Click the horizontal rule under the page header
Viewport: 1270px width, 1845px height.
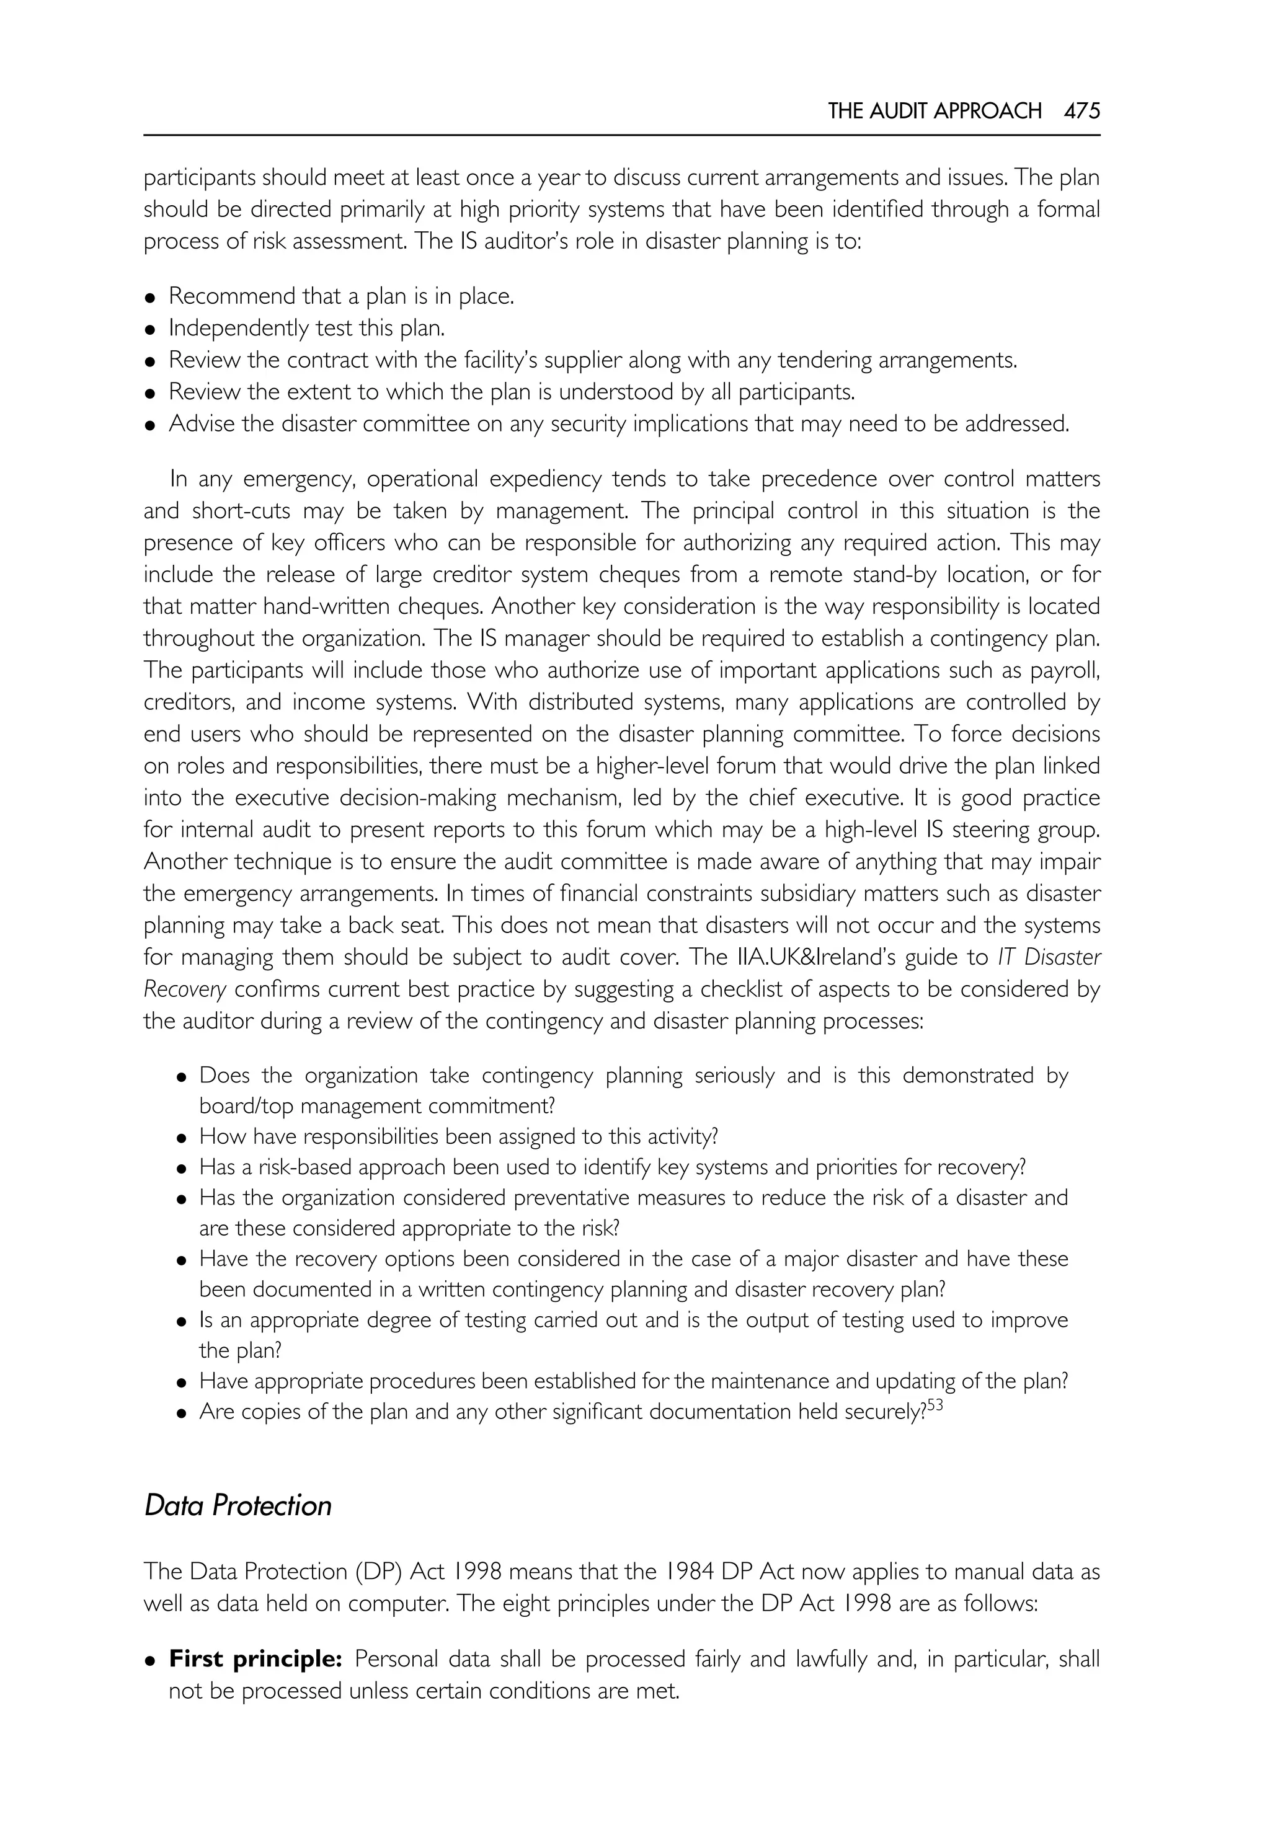pyautogui.click(x=621, y=135)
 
